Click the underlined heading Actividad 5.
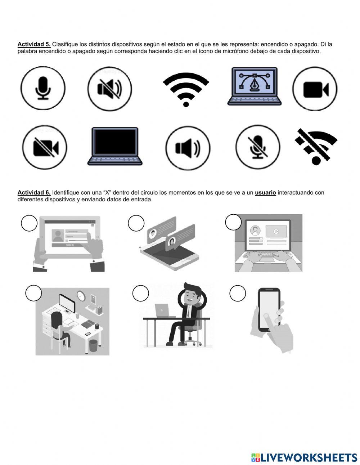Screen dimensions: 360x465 coord(34,44)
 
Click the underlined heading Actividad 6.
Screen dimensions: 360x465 coord(34,193)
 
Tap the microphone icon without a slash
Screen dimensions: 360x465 coord(43,88)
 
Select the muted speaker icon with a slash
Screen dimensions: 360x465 coord(110,89)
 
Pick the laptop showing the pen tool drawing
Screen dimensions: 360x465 coord(255,86)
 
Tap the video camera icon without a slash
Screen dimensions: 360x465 coord(315,89)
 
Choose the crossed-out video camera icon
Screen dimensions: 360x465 coord(45,147)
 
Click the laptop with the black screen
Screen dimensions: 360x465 coord(115,146)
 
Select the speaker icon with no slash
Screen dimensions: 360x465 coord(188,148)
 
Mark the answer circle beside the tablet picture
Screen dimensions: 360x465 coord(29,223)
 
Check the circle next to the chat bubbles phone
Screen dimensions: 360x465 coord(136,223)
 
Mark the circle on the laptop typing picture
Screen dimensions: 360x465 coord(233,222)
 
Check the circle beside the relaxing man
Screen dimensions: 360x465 coord(140,293)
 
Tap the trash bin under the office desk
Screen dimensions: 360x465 coord(94,345)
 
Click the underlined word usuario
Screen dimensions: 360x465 coord(265,193)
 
